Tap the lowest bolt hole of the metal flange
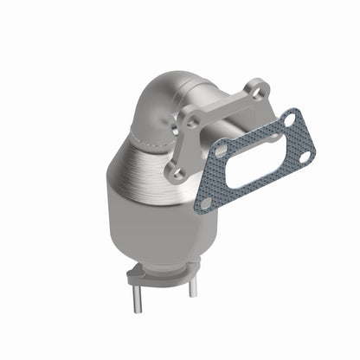[178, 175]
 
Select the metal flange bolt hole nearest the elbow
[190, 122]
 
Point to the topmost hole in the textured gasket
[289, 119]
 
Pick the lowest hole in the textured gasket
[206, 202]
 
